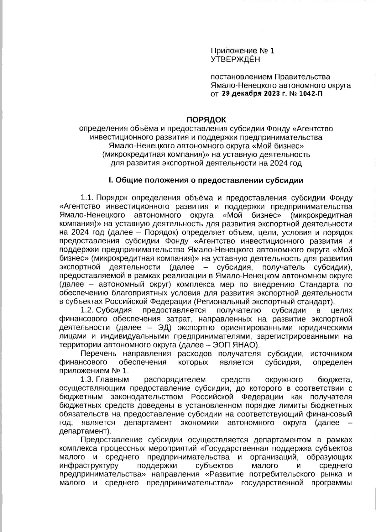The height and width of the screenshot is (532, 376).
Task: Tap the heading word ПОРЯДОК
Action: pos(206,119)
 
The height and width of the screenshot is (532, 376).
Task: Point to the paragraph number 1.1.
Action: pos(87,198)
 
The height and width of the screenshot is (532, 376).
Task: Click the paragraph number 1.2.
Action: pos(87,310)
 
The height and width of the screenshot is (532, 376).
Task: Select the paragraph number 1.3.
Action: pos(87,380)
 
